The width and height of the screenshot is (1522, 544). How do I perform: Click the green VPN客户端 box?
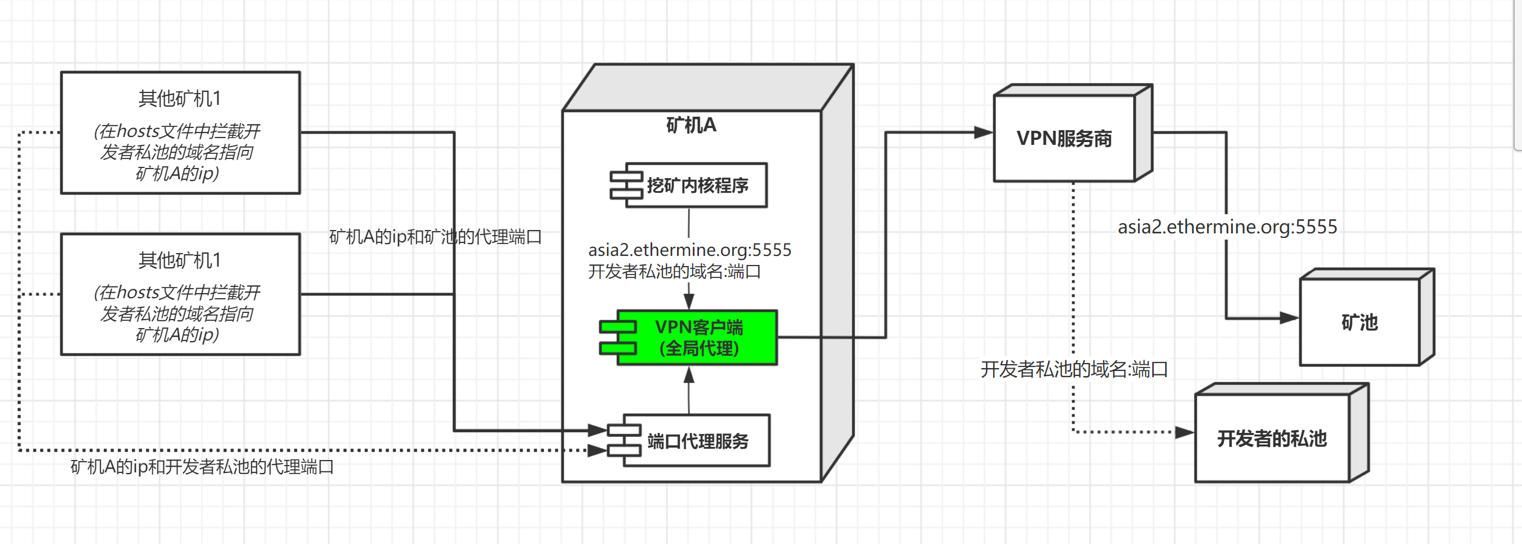tap(697, 337)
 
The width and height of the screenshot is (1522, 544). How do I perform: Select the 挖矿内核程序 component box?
tap(697, 185)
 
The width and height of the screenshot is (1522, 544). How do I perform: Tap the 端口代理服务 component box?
tap(697, 441)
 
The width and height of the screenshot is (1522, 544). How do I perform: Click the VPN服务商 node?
tap(1064, 138)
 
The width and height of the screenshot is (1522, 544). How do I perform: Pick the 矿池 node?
tap(1359, 322)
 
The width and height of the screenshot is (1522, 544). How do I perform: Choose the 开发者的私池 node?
tap(1272, 438)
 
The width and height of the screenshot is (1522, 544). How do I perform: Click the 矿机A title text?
tap(691, 125)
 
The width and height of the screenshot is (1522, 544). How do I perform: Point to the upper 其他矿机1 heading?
tap(180, 98)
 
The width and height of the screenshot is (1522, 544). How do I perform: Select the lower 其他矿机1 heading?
tap(180, 260)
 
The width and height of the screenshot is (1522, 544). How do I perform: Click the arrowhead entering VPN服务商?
tap(983, 132)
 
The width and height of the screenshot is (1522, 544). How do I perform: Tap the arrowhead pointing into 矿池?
tap(1289, 318)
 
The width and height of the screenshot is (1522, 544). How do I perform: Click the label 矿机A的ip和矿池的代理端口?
tap(435, 237)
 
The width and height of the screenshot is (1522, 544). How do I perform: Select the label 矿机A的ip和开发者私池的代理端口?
tap(202, 467)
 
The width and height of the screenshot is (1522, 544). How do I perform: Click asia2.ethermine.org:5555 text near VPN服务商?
tap(1227, 227)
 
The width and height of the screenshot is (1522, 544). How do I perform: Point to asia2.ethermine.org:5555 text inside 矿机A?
tap(689, 250)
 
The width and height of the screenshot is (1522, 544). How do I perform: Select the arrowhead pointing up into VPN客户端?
tap(688, 374)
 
